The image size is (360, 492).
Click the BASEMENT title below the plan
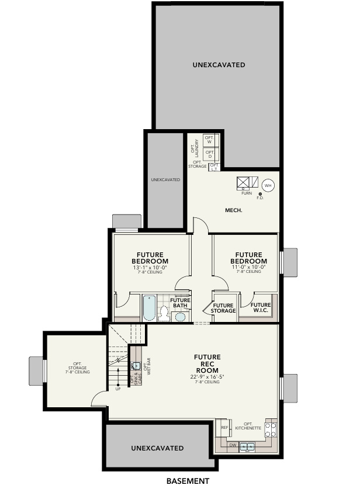[188, 481]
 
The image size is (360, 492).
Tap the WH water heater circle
[268, 185]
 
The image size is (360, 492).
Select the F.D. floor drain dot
[260, 194]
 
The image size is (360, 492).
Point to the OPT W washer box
[209, 140]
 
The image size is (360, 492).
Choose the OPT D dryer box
[209, 154]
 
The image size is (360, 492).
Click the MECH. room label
[234, 210]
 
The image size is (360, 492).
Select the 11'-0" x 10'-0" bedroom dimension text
[249, 268]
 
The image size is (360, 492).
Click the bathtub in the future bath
[149, 308]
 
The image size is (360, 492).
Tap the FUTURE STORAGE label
[223, 308]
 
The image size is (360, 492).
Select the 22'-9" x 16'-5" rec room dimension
[207, 376]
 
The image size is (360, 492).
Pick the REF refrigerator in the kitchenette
[224, 428]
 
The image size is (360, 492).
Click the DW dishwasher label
[233, 445]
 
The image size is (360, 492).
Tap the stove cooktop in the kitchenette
[270, 430]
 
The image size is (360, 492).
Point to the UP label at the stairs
[118, 389]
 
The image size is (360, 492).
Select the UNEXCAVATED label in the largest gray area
[219, 65]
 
